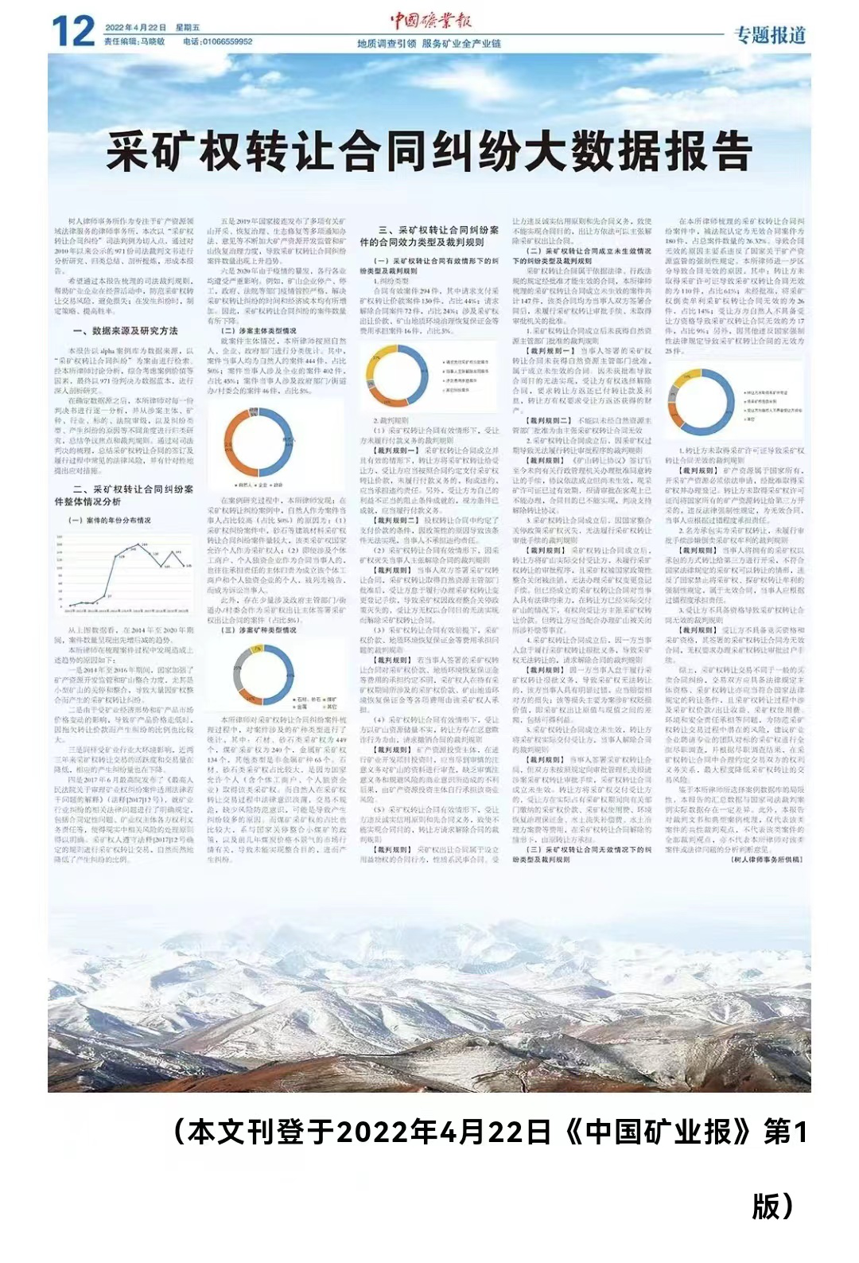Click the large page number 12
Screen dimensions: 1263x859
[x=73, y=32]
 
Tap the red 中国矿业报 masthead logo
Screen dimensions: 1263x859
[x=430, y=21]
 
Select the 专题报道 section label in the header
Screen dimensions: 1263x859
[x=769, y=35]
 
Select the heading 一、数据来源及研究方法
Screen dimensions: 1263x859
[x=125, y=330]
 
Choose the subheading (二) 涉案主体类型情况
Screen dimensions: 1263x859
[x=258, y=330]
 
